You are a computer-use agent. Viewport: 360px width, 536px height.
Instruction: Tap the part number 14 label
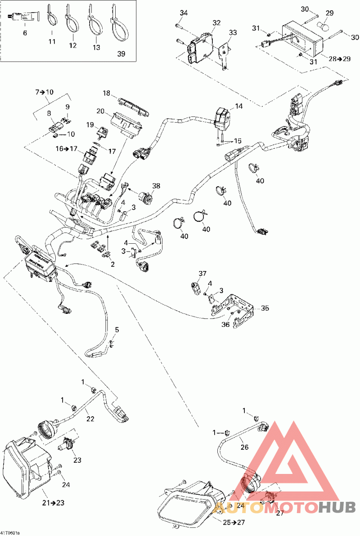(x=238, y=107)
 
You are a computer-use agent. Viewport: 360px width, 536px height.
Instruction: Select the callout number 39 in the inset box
(x=121, y=54)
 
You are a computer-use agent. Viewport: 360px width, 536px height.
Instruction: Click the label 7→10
(x=45, y=92)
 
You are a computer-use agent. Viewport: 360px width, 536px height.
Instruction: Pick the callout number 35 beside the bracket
(x=265, y=308)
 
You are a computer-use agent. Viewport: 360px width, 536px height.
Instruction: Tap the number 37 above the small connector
(x=202, y=273)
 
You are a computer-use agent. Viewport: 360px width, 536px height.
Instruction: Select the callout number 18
(x=106, y=93)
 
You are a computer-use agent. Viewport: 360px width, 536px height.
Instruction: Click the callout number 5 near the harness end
(x=117, y=330)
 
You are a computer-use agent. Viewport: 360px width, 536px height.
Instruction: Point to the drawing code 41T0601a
(x=10, y=533)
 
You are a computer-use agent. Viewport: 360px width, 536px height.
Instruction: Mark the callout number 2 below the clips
(x=112, y=264)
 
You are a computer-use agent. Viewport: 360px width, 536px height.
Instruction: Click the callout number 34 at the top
(x=183, y=13)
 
